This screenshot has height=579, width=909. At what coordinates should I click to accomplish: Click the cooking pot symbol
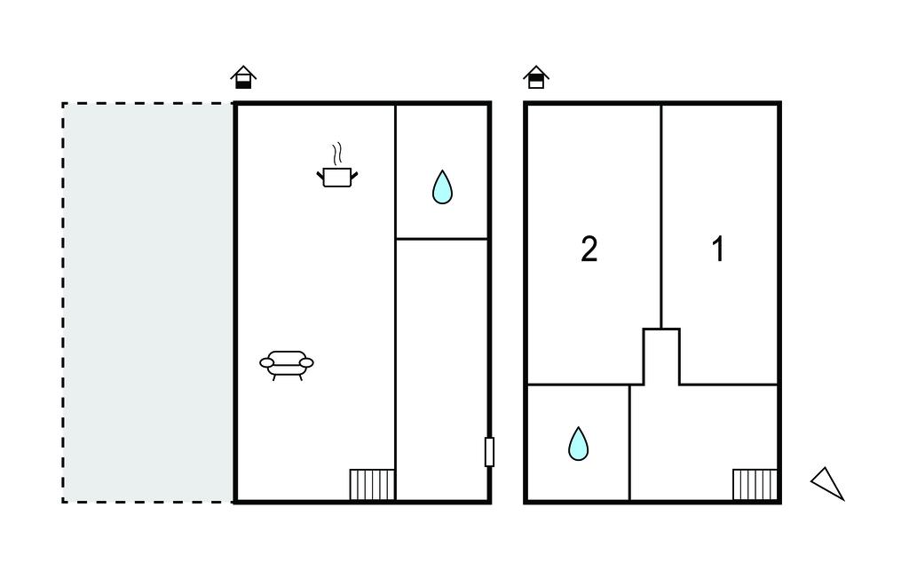click(337, 177)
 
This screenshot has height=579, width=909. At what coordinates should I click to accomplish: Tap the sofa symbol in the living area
click(287, 363)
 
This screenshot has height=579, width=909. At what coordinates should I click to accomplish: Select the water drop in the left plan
click(442, 187)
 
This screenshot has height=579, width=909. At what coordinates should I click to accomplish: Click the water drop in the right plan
click(578, 444)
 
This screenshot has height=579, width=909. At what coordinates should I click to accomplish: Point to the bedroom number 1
click(718, 250)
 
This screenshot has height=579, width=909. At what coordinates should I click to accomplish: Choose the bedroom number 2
click(589, 250)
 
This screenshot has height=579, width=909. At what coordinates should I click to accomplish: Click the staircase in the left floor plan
click(372, 485)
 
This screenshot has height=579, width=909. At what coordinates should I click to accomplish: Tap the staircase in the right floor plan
click(755, 485)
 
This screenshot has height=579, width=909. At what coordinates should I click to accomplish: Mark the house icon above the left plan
click(243, 78)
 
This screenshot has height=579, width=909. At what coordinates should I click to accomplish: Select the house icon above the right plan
click(535, 78)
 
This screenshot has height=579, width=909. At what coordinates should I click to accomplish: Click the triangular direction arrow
click(828, 483)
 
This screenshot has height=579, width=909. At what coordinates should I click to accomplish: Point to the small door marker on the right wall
click(489, 452)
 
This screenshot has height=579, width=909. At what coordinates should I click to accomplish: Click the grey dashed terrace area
click(148, 302)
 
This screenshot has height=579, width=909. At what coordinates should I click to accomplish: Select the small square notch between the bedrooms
click(661, 356)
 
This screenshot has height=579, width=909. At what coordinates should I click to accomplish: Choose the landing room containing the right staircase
click(703, 442)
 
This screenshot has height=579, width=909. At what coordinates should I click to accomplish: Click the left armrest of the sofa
click(266, 362)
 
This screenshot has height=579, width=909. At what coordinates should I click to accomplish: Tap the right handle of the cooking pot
click(354, 175)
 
